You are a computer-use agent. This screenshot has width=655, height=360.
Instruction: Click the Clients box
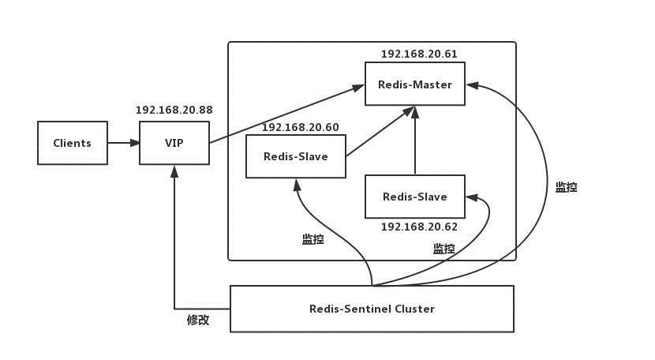[73, 143]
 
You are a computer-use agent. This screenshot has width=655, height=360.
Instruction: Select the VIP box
[174, 143]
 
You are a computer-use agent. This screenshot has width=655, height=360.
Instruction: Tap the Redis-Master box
[415, 84]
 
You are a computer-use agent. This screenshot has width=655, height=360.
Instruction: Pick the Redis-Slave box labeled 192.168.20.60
[296, 156]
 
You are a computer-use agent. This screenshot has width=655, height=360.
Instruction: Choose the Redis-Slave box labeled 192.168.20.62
[415, 197]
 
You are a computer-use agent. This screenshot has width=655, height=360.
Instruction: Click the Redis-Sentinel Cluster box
[372, 309]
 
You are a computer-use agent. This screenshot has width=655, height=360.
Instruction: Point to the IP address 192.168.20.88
[174, 110]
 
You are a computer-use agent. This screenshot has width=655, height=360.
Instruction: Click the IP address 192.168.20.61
[419, 54]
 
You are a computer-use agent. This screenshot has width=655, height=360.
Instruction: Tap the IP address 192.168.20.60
[301, 127]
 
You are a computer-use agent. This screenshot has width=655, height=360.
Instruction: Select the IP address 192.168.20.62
[419, 227]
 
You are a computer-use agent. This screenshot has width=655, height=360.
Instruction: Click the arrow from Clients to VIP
[124, 143]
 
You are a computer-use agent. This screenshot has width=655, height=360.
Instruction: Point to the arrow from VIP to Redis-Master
[286, 114]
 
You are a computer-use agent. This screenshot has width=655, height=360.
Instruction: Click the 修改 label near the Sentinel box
[198, 321]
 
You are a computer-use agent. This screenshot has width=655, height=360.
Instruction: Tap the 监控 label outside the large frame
[566, 187]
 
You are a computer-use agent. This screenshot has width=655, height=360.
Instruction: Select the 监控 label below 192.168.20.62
[444, 249]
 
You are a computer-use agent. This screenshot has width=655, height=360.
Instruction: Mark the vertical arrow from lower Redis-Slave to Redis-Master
[415, 140]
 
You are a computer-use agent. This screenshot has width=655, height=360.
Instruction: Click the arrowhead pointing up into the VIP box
[174, 171]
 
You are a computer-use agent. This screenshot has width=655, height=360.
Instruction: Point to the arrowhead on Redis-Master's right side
[472, 85]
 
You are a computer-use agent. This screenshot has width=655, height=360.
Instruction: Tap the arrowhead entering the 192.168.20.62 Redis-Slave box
[472, 197]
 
